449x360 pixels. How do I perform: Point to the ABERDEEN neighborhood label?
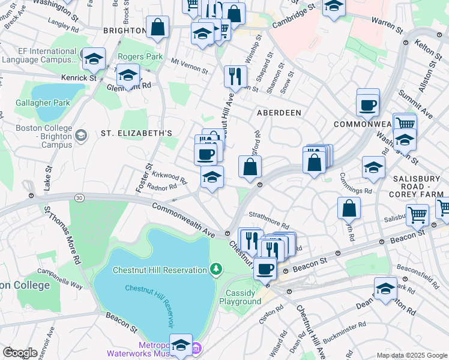pyautogui.click(x=279, y=113)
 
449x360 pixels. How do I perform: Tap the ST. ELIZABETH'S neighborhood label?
pyautogui.click(x=136, y=133)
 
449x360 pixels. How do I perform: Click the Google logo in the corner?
pyautogui.click(x=20, y=352)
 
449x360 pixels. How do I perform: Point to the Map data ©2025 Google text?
pyautogui.click(x=411, y=355)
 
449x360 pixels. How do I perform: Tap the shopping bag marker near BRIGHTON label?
pyautogui.click(x=157, y=28)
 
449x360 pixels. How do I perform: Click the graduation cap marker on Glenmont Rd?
pyautogui.click(x=128, y=76)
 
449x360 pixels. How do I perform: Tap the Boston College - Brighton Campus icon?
pyautogui.click(x=80, y=136)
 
